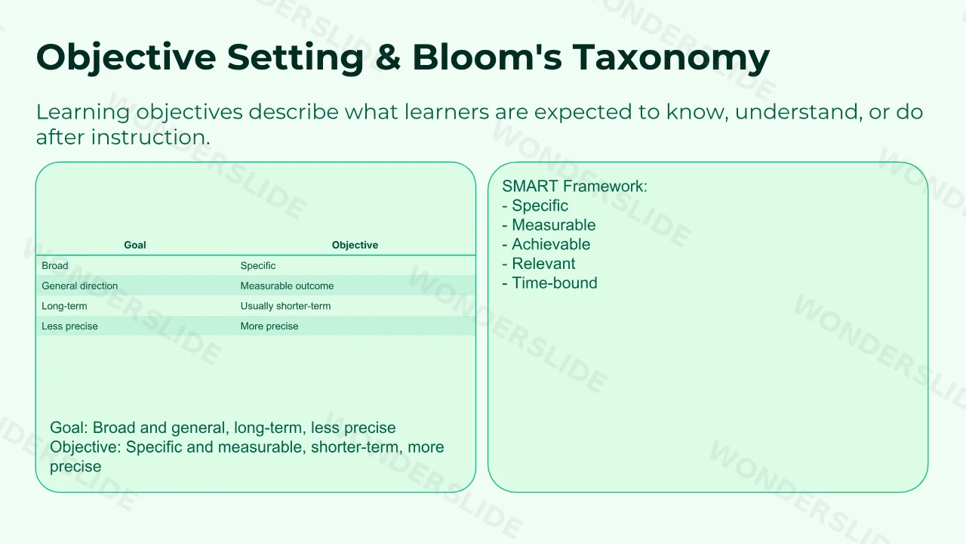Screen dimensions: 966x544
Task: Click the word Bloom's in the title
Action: click(488, 57)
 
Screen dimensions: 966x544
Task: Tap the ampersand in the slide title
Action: click(388, 57)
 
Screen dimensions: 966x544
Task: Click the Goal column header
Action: click(135, 245)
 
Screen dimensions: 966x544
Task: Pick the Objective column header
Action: click(355, 245)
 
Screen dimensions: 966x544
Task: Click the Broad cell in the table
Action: click(55, 265)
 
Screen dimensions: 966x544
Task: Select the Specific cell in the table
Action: click(258, 265)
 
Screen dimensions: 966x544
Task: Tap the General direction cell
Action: click(80, 286)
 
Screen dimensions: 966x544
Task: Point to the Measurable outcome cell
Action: click(288, 286)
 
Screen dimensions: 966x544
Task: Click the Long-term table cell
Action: click(64, 306)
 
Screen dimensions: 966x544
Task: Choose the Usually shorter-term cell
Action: click(285, 306)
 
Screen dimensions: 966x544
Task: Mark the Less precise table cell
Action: click(70, 326)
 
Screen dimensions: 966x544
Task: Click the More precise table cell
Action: click(269, 326)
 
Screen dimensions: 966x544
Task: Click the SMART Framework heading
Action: click(575, 186)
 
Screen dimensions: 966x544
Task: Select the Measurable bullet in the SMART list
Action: click(549, 225)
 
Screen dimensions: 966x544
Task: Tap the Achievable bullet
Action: click(546, 244)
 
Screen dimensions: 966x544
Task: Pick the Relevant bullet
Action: click(539, 264)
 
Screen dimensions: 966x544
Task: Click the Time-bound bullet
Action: click(550, 283)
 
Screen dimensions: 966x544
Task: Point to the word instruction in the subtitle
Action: click(150, 138)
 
